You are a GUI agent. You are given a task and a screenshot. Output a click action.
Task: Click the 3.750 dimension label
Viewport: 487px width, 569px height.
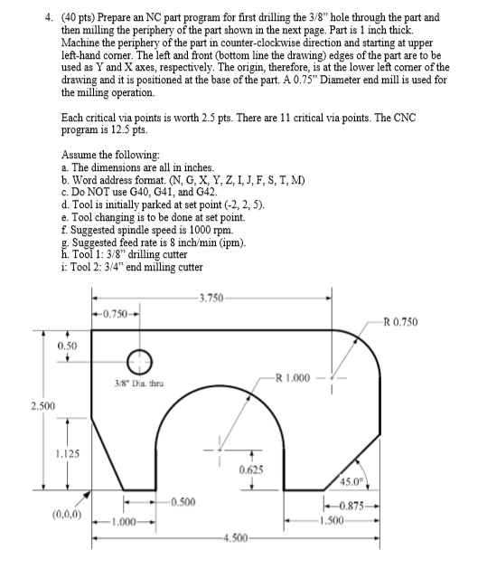coord(217,296)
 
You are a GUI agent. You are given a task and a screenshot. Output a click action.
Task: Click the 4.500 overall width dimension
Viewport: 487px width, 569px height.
coord(238,540)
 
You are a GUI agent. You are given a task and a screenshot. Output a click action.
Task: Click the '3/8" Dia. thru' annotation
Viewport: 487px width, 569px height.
coord(138,390)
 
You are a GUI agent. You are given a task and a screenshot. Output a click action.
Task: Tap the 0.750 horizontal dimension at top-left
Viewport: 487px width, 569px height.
coord(115,313)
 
